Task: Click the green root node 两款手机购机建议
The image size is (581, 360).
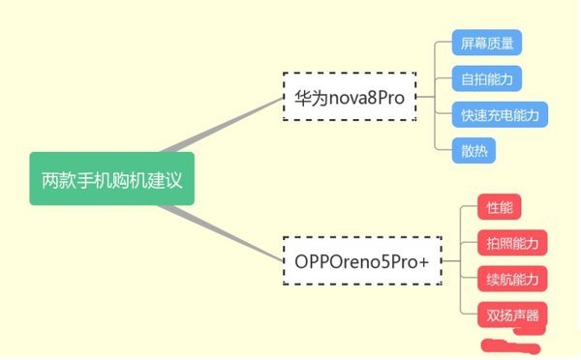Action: click(111, 178)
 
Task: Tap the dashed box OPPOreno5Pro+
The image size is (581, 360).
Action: click(360, 259)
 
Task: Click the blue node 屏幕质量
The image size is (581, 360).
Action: click(487, 43)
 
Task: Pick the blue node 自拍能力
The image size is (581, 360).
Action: click(487, 78)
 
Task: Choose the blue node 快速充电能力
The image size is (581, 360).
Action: click(500, 114)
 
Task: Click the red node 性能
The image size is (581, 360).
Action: click(501, 207)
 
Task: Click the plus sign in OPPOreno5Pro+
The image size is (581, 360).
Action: click(423, 260)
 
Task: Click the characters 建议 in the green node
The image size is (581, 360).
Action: click(166, 178)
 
